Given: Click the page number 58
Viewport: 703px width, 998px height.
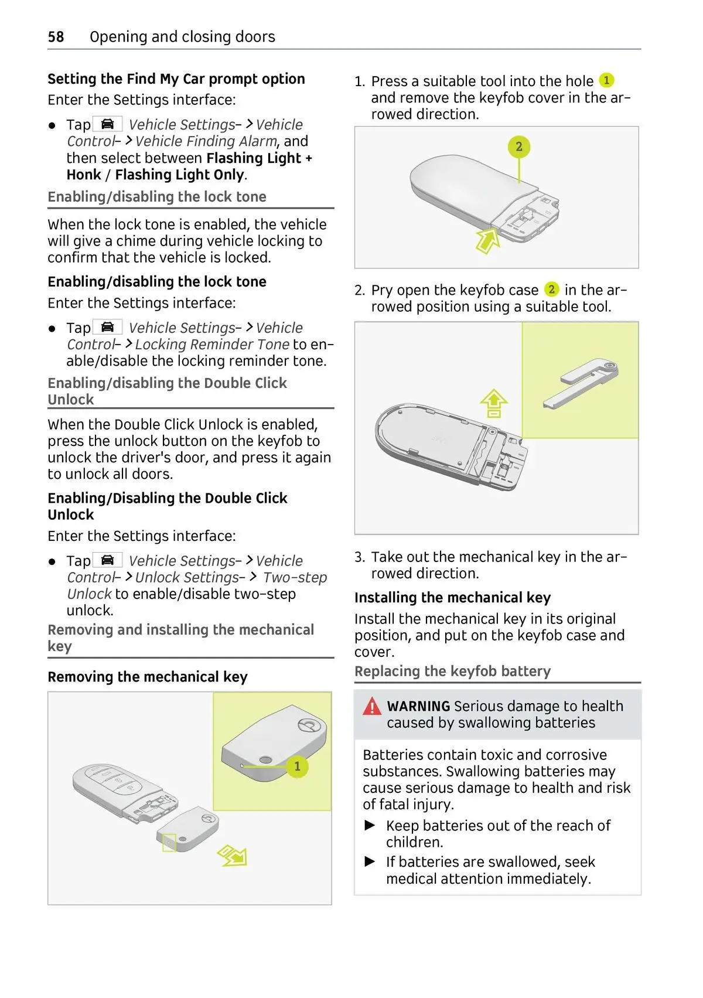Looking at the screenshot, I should tap(56, 37).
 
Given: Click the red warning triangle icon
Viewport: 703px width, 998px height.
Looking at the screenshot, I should tap(371, 706).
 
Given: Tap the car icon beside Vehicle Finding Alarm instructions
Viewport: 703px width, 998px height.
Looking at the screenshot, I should tap(107, 124).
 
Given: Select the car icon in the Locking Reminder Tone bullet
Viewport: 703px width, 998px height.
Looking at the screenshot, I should tap(107, 327).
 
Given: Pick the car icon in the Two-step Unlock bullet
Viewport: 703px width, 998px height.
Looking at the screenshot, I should tap(107, 560).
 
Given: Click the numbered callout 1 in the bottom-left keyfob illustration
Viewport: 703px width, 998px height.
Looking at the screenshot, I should tap(297, 766).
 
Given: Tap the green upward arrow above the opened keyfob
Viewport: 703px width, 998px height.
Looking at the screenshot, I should tap(494, 403).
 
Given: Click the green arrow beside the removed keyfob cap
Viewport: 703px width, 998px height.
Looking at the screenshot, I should tap(233, 855).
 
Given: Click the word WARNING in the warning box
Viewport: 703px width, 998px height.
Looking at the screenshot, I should tap(418, 706).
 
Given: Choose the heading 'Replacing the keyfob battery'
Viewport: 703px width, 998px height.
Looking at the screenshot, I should tap(452, 671).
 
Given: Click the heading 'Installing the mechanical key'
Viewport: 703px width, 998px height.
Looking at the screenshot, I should tap(452, 597).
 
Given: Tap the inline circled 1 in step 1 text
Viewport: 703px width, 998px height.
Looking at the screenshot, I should tap(606, 80).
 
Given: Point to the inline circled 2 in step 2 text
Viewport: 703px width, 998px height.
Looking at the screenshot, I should tap(551, 289).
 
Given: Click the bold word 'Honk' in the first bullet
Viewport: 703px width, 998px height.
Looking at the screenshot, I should tap(84, 175).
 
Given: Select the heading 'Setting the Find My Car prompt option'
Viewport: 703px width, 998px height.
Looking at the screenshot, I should tap(176, 79).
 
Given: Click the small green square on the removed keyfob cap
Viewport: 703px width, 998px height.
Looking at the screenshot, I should tap(169, 843).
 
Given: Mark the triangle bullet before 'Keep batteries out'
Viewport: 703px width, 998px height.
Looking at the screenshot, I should tap(370, 825).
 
